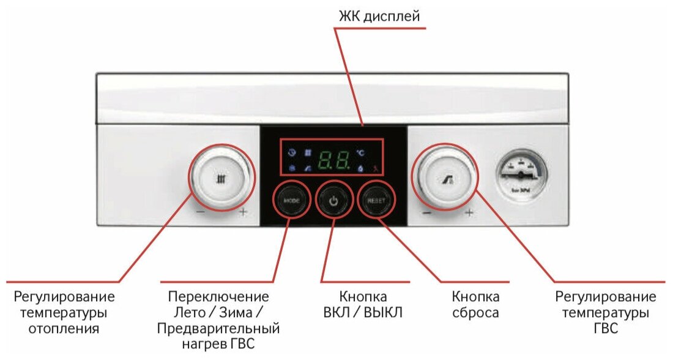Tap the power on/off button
tap(333, 200)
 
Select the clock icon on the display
tap(292, 152)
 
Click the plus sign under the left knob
tap(244, 212)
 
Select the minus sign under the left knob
tap(200, 212)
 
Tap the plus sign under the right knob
tap(469, 213)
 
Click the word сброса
tap(475, 313)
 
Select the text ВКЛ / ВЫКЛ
tap(363, 313)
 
